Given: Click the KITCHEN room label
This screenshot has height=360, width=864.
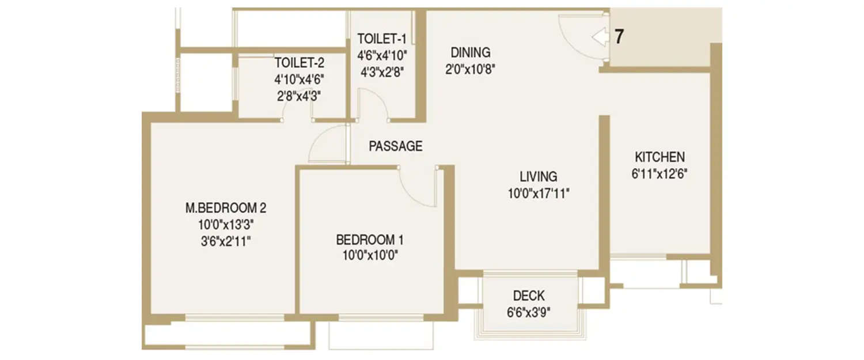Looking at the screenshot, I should click(x=660, y=157).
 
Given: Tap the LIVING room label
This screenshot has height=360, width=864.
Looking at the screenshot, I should click(x=538, y=176).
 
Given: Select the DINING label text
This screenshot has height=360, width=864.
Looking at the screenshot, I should click(x=471, y=52).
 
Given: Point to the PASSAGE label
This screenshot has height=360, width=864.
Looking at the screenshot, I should click(x=395, y=146).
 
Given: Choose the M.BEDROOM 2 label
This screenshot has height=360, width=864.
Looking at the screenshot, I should click(x=225, y=207).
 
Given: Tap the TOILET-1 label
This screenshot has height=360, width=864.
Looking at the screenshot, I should click(x=382, y=39).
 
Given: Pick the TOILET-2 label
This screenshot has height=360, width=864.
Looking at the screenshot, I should click(x=299, y=62).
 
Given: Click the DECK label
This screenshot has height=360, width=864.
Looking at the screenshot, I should click(x=528, y=296).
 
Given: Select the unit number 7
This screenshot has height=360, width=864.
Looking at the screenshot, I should click(x=619, y=37).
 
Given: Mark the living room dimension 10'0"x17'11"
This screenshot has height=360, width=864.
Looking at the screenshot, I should click(x=538, y=194).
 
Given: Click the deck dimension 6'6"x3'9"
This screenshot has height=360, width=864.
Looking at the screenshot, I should click(x=528, y=313).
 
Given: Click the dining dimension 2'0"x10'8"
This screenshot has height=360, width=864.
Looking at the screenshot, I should click(x=471, y=70).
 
